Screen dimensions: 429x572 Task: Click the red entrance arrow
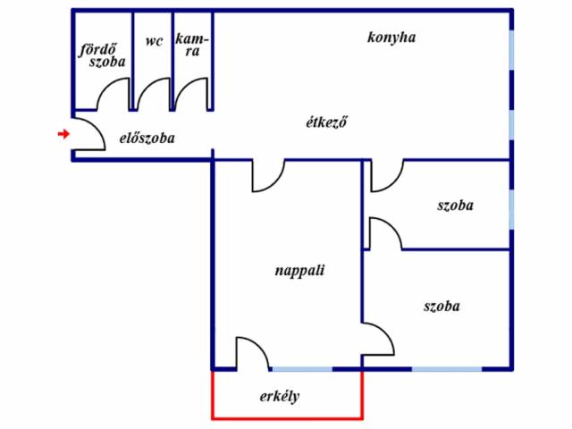tap(63, 134)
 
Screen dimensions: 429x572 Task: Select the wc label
tap(154, 40)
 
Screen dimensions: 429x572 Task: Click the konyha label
tap(391, 38)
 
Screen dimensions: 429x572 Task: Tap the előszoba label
tap(147, 139)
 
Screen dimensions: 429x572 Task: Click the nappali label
tap(299, 270)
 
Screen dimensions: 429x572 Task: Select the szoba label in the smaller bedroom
tap(455, 206)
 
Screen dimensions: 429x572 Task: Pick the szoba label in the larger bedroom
tap(442, 306)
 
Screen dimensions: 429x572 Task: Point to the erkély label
tap(279, 396)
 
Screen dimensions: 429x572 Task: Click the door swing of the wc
tap(153, 95)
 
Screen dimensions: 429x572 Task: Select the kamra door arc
tap(192, 95)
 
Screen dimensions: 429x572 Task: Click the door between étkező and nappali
tap(267, 176)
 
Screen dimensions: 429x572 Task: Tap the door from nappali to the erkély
tap(252, 352)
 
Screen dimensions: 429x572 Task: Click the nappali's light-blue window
tap(301, 368)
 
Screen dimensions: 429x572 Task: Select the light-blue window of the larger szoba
tap(446, 368)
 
